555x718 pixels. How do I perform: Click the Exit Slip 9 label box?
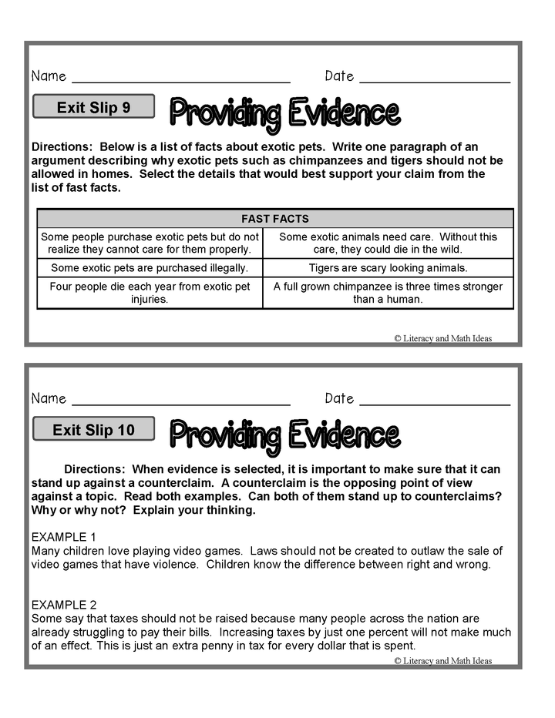pos(93,107)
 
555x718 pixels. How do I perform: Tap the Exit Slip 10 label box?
pos(93,430)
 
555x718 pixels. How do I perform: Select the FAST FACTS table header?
pos(274,219)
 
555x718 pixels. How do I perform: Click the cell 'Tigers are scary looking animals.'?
pos(388,268)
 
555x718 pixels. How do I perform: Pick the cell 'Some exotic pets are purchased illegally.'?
pos(150,268)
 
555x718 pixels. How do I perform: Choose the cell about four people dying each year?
pos(150,293)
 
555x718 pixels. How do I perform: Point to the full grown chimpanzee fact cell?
pos(388,293)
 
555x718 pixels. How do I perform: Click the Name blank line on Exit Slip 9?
pos(181,80)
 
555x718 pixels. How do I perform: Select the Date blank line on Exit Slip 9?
pos(435,80)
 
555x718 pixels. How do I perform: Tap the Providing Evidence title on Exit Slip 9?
pos(284,113)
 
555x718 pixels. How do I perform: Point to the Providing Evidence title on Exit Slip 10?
pos(284,436)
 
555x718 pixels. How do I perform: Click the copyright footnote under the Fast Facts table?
pos(442,338)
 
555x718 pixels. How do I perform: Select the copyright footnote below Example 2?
pos(442,661)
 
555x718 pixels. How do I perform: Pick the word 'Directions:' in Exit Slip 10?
pos(95,469)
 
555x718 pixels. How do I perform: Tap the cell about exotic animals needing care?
pos(388,243)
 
